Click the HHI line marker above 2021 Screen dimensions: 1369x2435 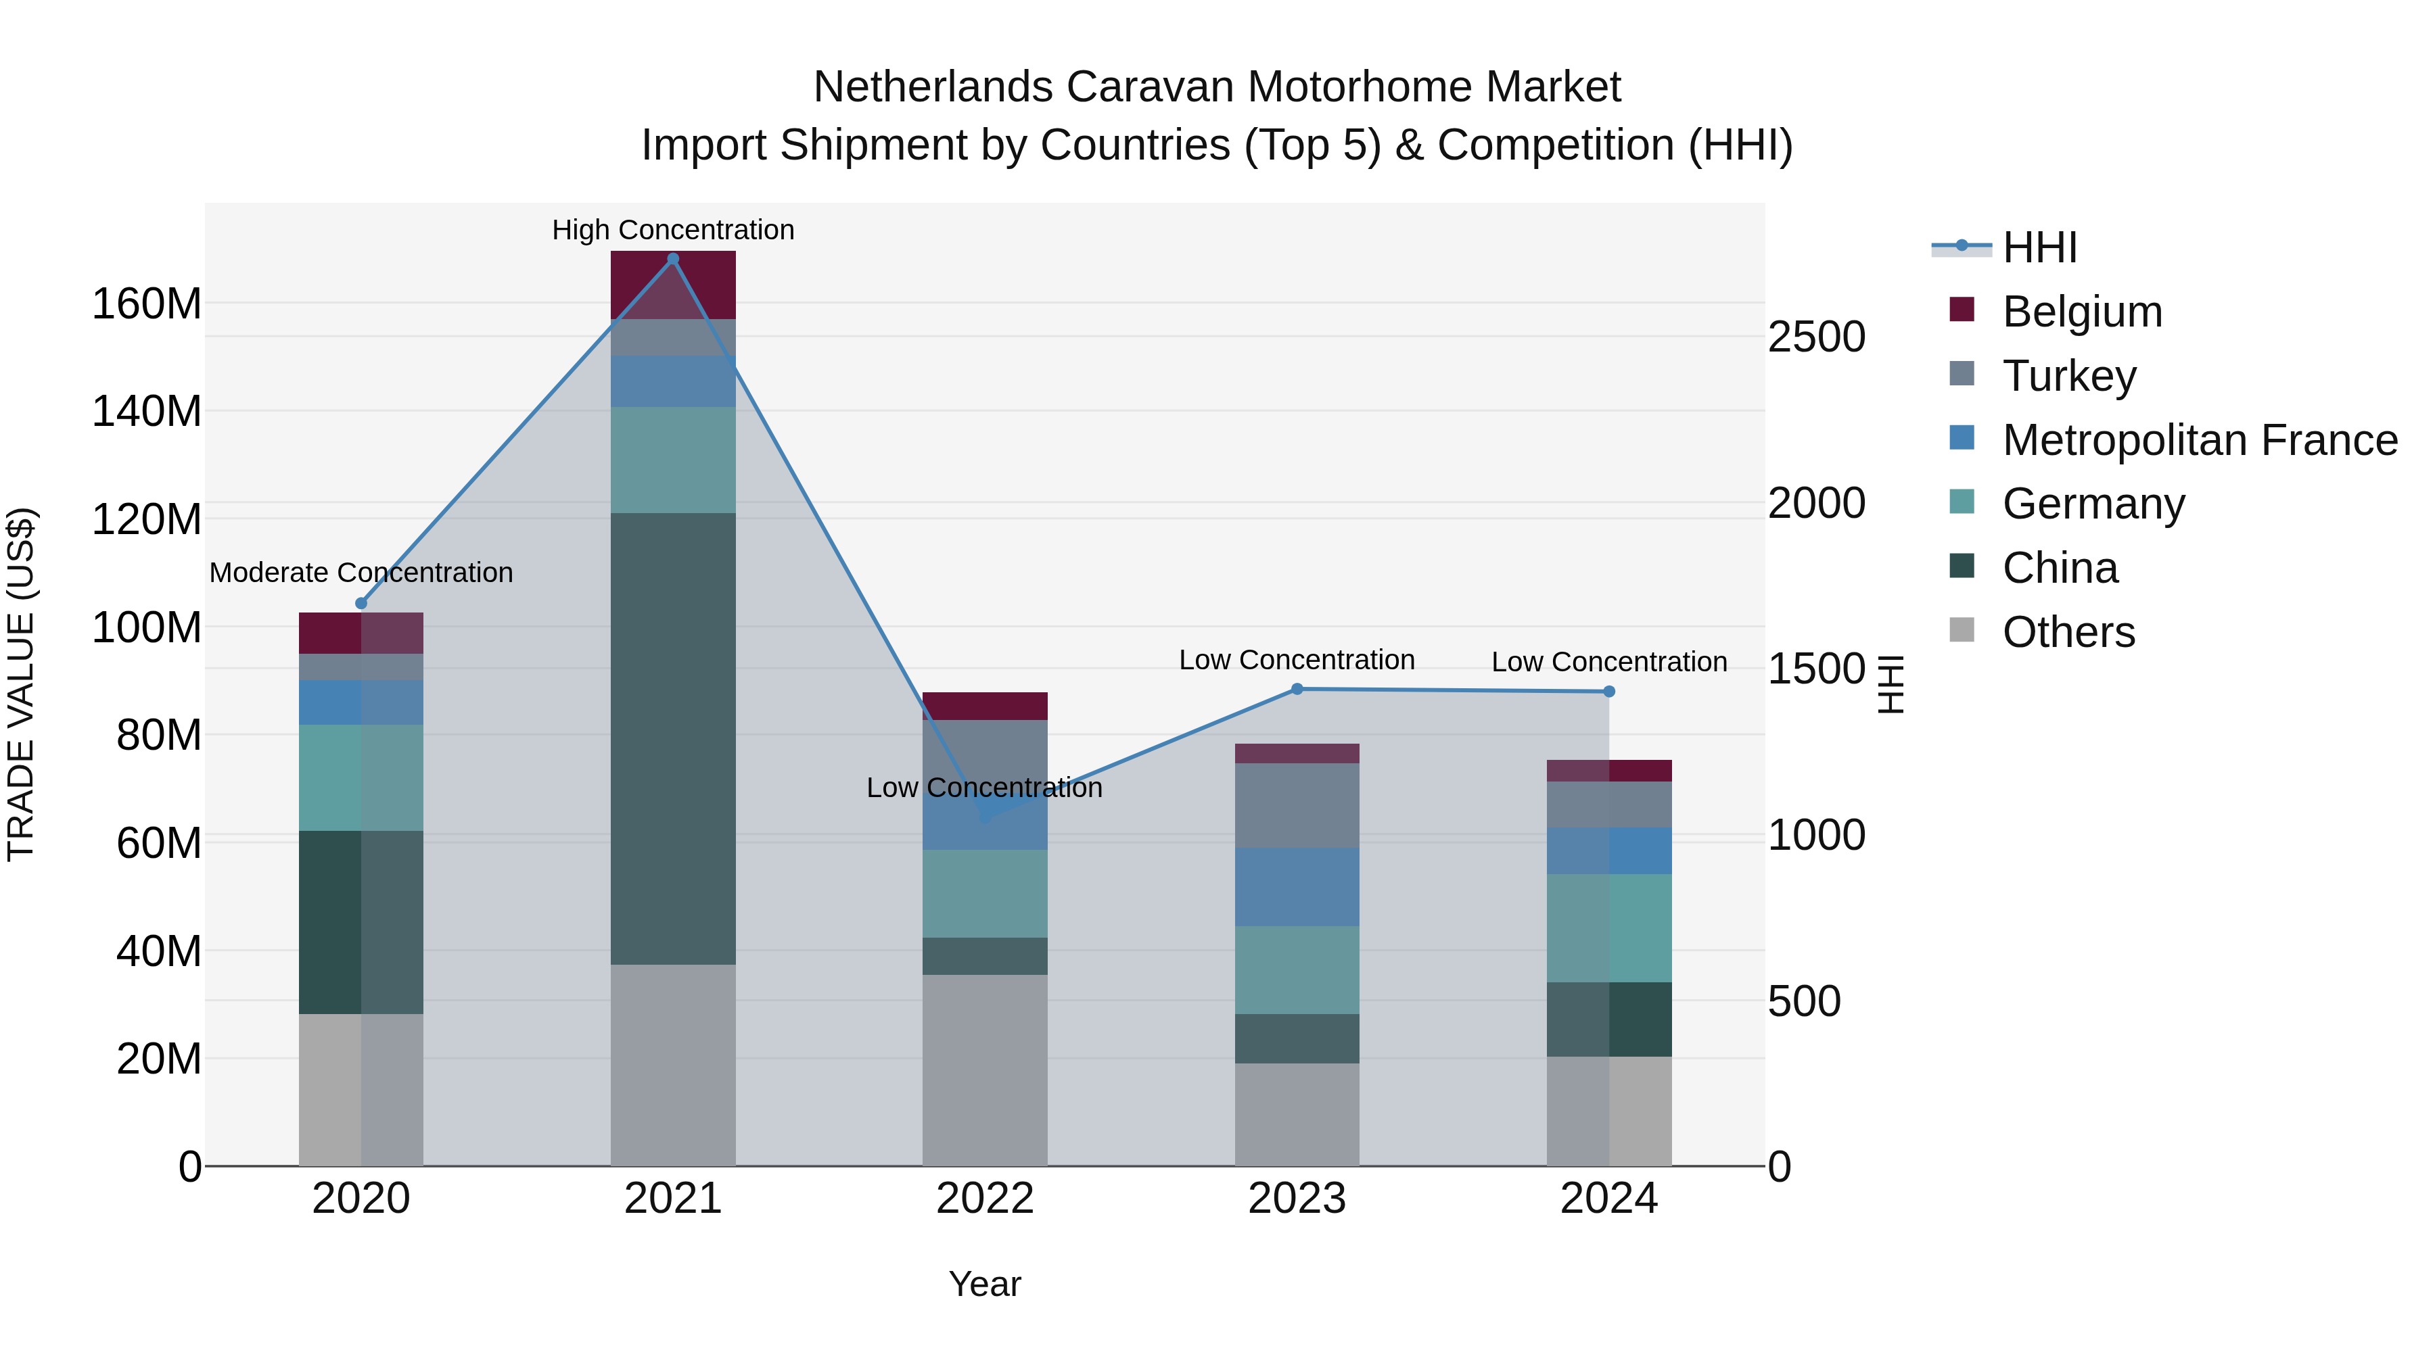673,259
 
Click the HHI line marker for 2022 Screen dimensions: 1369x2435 985,818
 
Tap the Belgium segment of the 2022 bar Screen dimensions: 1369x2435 985,706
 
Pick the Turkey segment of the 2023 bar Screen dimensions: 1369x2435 1297,805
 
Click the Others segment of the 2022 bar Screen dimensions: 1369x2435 985,1070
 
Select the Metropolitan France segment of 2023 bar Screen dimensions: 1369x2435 1297,886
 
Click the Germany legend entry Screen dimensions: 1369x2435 2093,504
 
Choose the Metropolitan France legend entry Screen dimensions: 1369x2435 2199,440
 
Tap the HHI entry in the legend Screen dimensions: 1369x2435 2039,247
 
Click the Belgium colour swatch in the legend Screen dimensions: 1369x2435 1962,310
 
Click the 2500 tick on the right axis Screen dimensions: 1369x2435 1816,337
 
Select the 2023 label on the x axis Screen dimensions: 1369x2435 1297,1199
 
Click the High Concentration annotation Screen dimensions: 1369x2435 673,230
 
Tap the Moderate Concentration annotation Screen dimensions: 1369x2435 361,573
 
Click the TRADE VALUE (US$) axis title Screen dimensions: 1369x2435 21,684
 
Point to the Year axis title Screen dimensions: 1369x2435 985,1284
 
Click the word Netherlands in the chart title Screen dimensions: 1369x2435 933,87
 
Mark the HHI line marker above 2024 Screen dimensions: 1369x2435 1609,692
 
